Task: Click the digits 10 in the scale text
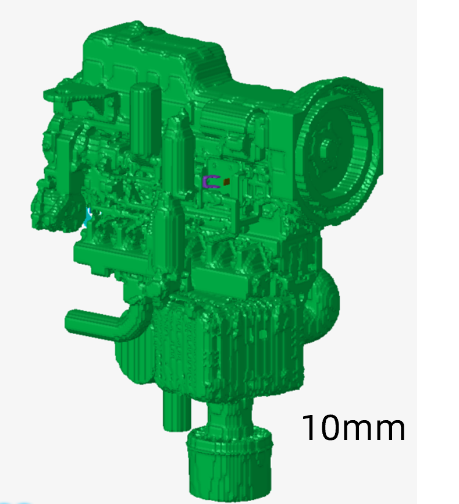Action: pos(321,428)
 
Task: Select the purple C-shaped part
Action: pos(209,182)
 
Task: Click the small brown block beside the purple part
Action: pos(226,182)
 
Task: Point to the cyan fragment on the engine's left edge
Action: pos(88,216)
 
